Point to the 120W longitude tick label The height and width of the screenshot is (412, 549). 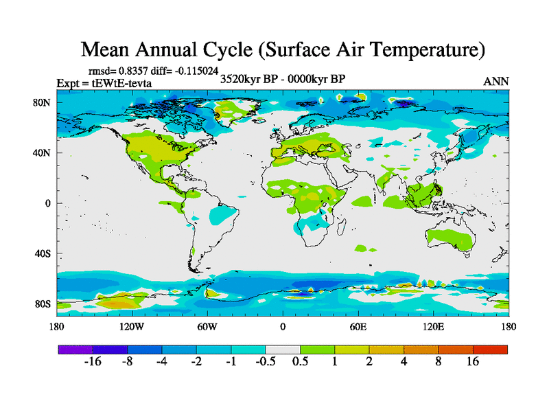pos(132,327)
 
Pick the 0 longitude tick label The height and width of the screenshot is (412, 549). pos(283,327)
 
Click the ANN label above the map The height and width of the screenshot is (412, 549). pos(496,81)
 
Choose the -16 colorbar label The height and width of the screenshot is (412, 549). pos(92,362)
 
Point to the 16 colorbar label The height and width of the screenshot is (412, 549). pos(473,362)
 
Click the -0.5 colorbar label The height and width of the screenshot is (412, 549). pos(265,362)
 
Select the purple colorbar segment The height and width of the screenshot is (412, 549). pos(75,350)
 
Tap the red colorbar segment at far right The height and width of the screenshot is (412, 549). pos(490,350)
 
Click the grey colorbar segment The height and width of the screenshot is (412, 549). pos(283,350)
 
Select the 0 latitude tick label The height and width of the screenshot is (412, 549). pos(48,203)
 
